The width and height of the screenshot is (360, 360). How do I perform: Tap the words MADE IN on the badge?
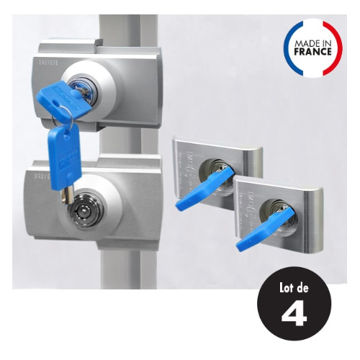pyautogui.click(x=312, y=43)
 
